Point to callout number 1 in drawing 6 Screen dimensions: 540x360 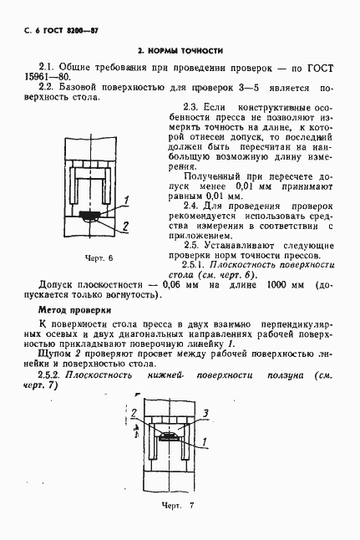(x=126, y=199)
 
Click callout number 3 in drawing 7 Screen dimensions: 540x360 (x=205, y=413)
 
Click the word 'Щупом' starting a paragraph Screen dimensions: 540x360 (x=53, y=354)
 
